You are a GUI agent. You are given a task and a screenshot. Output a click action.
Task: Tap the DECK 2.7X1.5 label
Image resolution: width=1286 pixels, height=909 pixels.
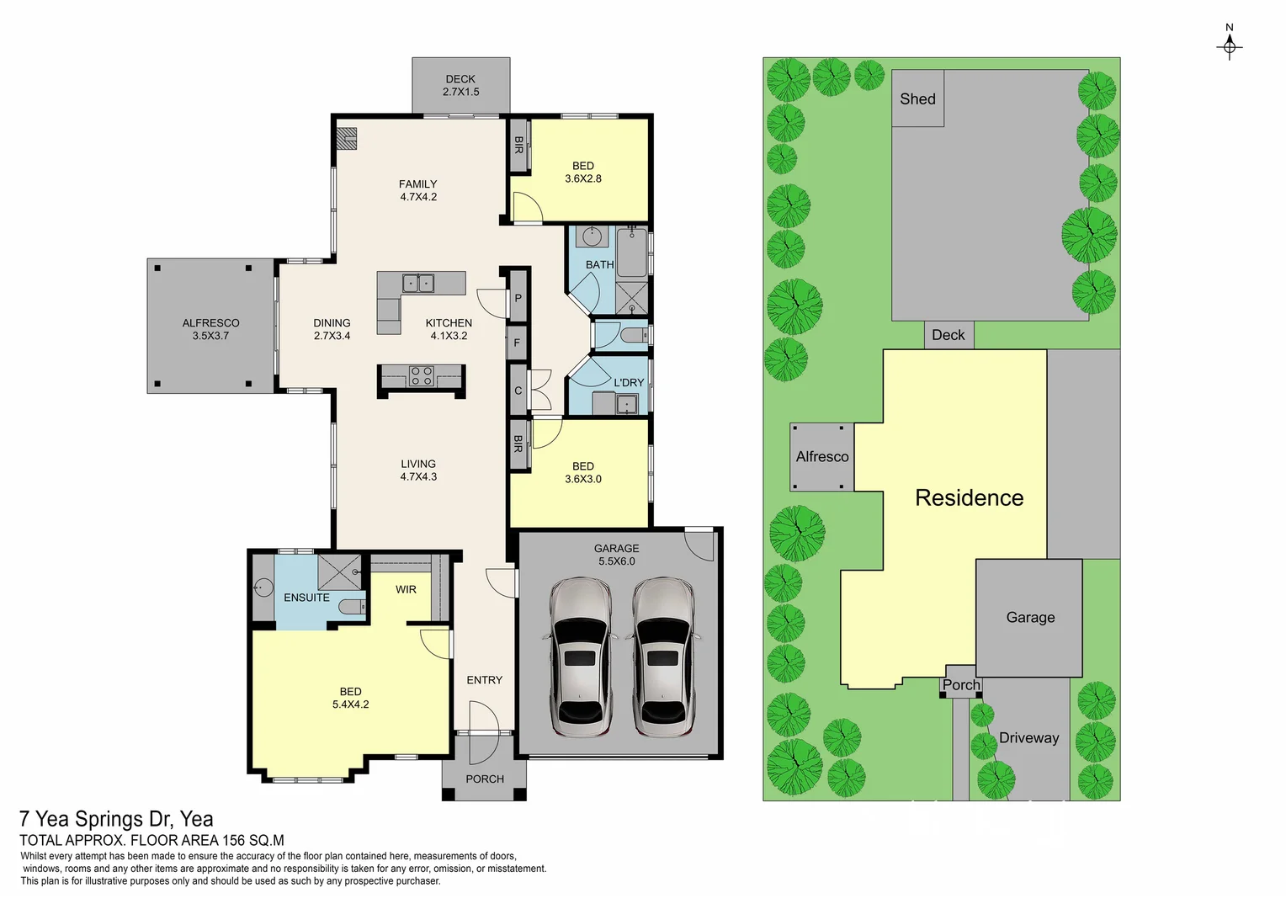tap(460, 85)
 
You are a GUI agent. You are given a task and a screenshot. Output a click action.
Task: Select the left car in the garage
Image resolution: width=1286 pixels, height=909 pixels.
tap(581, 656)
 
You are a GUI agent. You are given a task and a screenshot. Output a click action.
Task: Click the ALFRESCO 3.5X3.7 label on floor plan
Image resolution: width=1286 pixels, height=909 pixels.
tap(210, 329)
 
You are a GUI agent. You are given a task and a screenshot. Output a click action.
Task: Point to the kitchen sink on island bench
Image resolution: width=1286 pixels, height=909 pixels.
tap(418, 284)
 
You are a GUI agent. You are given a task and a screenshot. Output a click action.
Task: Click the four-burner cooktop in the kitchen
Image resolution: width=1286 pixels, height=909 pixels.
tap(421, 376)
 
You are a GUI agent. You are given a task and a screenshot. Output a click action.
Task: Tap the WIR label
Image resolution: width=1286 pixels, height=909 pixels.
tap(406, 589)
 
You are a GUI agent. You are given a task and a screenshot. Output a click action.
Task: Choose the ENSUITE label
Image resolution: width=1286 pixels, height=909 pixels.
tap(306, 598)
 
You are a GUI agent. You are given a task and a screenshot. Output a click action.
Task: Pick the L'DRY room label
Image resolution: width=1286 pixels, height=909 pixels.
tap(628, 382)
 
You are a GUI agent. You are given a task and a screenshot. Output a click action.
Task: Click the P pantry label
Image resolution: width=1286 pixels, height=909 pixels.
tap(518, 299)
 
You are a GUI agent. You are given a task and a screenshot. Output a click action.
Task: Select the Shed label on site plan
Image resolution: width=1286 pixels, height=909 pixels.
tap(917, 98)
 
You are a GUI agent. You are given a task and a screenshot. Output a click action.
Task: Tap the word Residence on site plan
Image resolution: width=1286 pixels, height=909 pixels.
tap(969, 497)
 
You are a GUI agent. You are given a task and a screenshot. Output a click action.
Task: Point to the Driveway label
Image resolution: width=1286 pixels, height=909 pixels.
tap(1028, 737)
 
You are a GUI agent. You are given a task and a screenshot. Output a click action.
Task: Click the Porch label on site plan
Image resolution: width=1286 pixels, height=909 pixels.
tap(961, 684)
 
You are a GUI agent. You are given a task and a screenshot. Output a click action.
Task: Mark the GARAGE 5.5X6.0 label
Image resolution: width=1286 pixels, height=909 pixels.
tap(616, 555)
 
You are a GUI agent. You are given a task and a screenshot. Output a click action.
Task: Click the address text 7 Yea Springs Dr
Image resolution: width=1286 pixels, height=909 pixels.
tap(116, 819)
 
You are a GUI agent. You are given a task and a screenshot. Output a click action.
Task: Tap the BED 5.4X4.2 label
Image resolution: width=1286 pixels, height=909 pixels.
tap(350, 698)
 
